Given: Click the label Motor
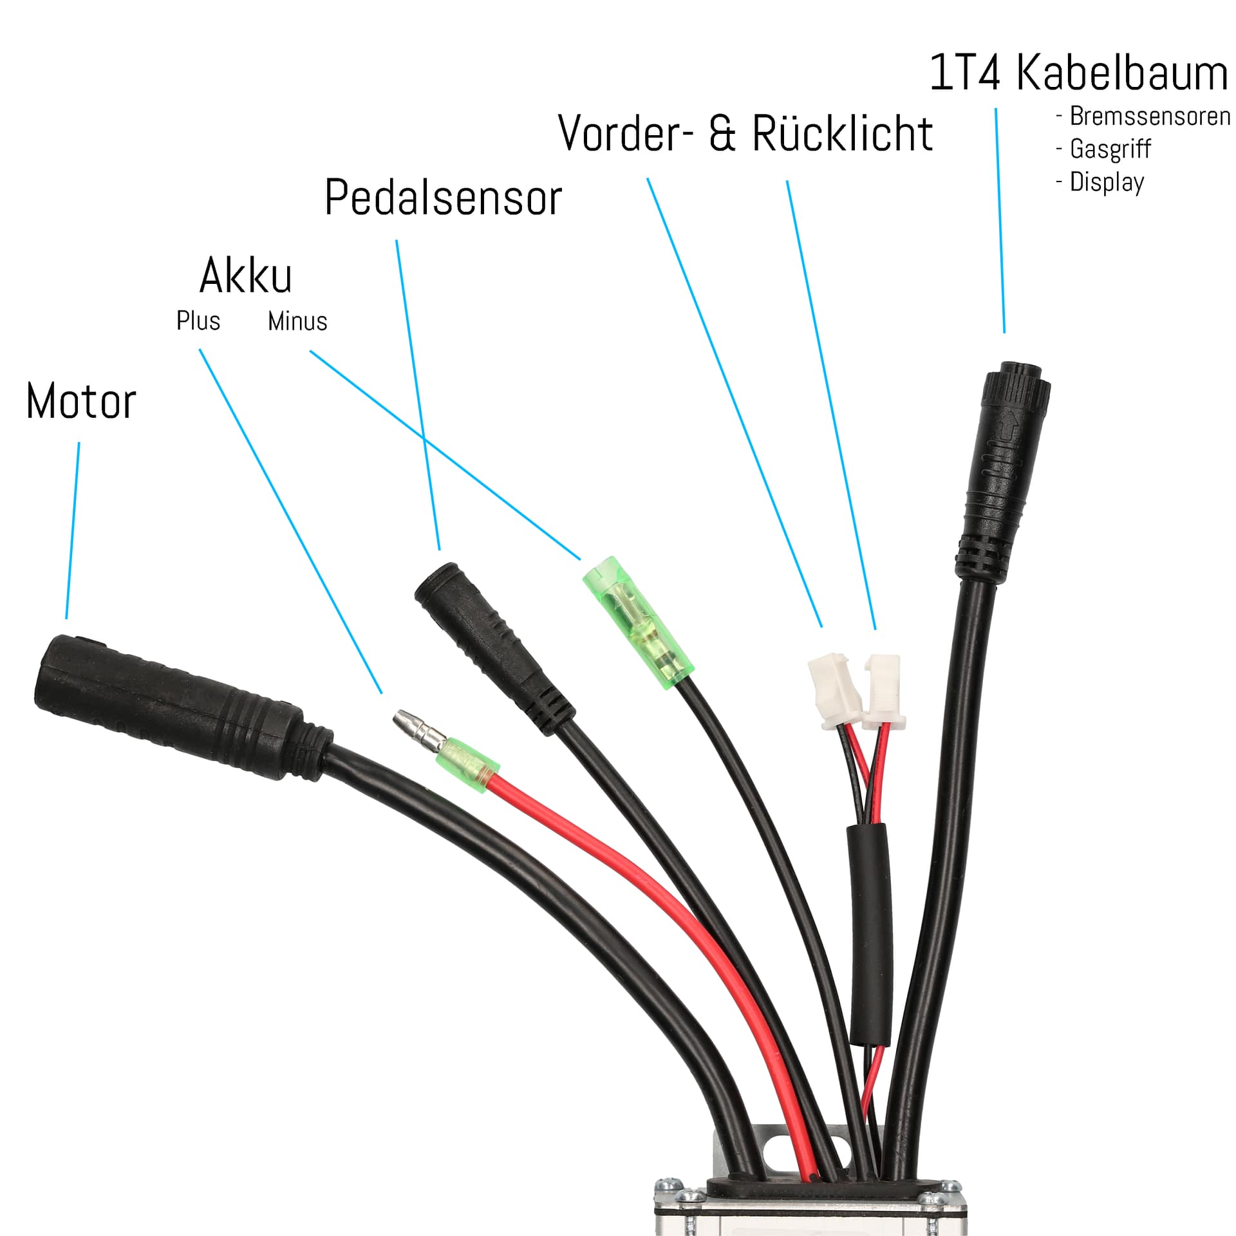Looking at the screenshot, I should [x=81, y=401].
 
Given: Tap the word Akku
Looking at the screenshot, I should [x=245, y=276].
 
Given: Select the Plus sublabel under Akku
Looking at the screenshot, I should [x=198, y=321].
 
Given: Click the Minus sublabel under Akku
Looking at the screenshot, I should [x=297, y=321].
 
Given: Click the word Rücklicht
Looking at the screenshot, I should [x=842, y=134].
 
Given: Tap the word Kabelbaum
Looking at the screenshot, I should [x=1121, y=73].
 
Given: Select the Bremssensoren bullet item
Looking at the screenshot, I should [x=1150, y=117].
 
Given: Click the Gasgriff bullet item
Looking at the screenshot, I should [x=1110, y=149].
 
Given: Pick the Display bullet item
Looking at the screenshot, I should [x=1107, y=182].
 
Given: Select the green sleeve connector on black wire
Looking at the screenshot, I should [x=637, y=621].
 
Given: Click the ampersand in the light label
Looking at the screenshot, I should [x=722, y=134].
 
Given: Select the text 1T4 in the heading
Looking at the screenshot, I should [x=965, y=73].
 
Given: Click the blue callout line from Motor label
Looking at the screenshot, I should [x=73, y=531].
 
